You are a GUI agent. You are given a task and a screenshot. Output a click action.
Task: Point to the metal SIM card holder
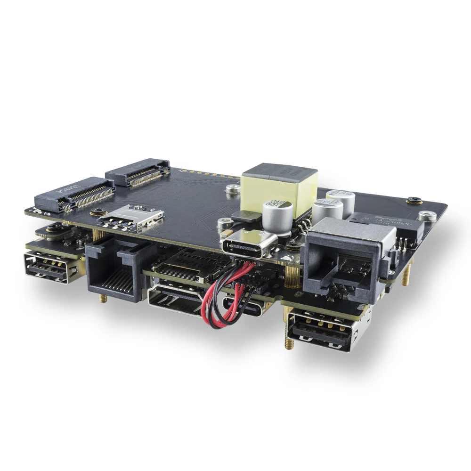(x=131, y=218)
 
